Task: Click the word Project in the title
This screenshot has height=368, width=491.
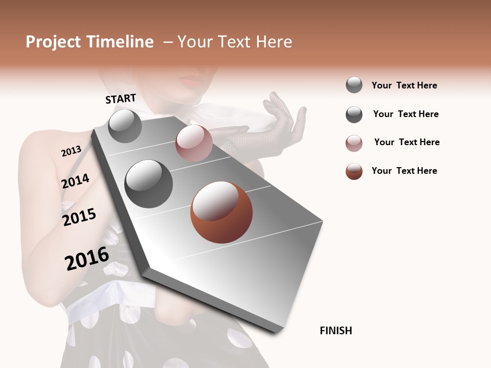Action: click(x=53, y=42)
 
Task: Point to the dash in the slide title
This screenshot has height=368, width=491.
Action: click(x=168, y=42)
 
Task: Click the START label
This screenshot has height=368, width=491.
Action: click(x=121, y=99)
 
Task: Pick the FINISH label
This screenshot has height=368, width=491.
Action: click(x=336, y=331)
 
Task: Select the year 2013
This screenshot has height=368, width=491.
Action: click(x=71, y=151)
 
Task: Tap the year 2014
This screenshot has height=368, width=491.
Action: click(x=75, y=181)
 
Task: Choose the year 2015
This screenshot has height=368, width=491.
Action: click(x=79, y=217)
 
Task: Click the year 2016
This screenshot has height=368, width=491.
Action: click(x=87, y=259)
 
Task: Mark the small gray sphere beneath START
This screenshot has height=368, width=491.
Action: click(x=125, y=126)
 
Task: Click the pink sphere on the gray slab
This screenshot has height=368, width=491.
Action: click(x=194, y=143)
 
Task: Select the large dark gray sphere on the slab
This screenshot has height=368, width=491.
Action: click(x=149, y=184)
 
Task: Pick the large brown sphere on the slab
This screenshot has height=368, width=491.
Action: click(x=221, y=212)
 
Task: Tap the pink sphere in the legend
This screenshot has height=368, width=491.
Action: click(x=354, y=143)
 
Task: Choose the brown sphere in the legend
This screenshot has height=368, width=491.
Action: click(x=354, y=171)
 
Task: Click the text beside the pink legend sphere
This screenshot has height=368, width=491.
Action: click(x=407, y=142)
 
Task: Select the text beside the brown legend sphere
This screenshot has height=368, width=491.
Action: click(x=404, y=171)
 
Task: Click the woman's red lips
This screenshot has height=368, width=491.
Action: click(x=191, y=80)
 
